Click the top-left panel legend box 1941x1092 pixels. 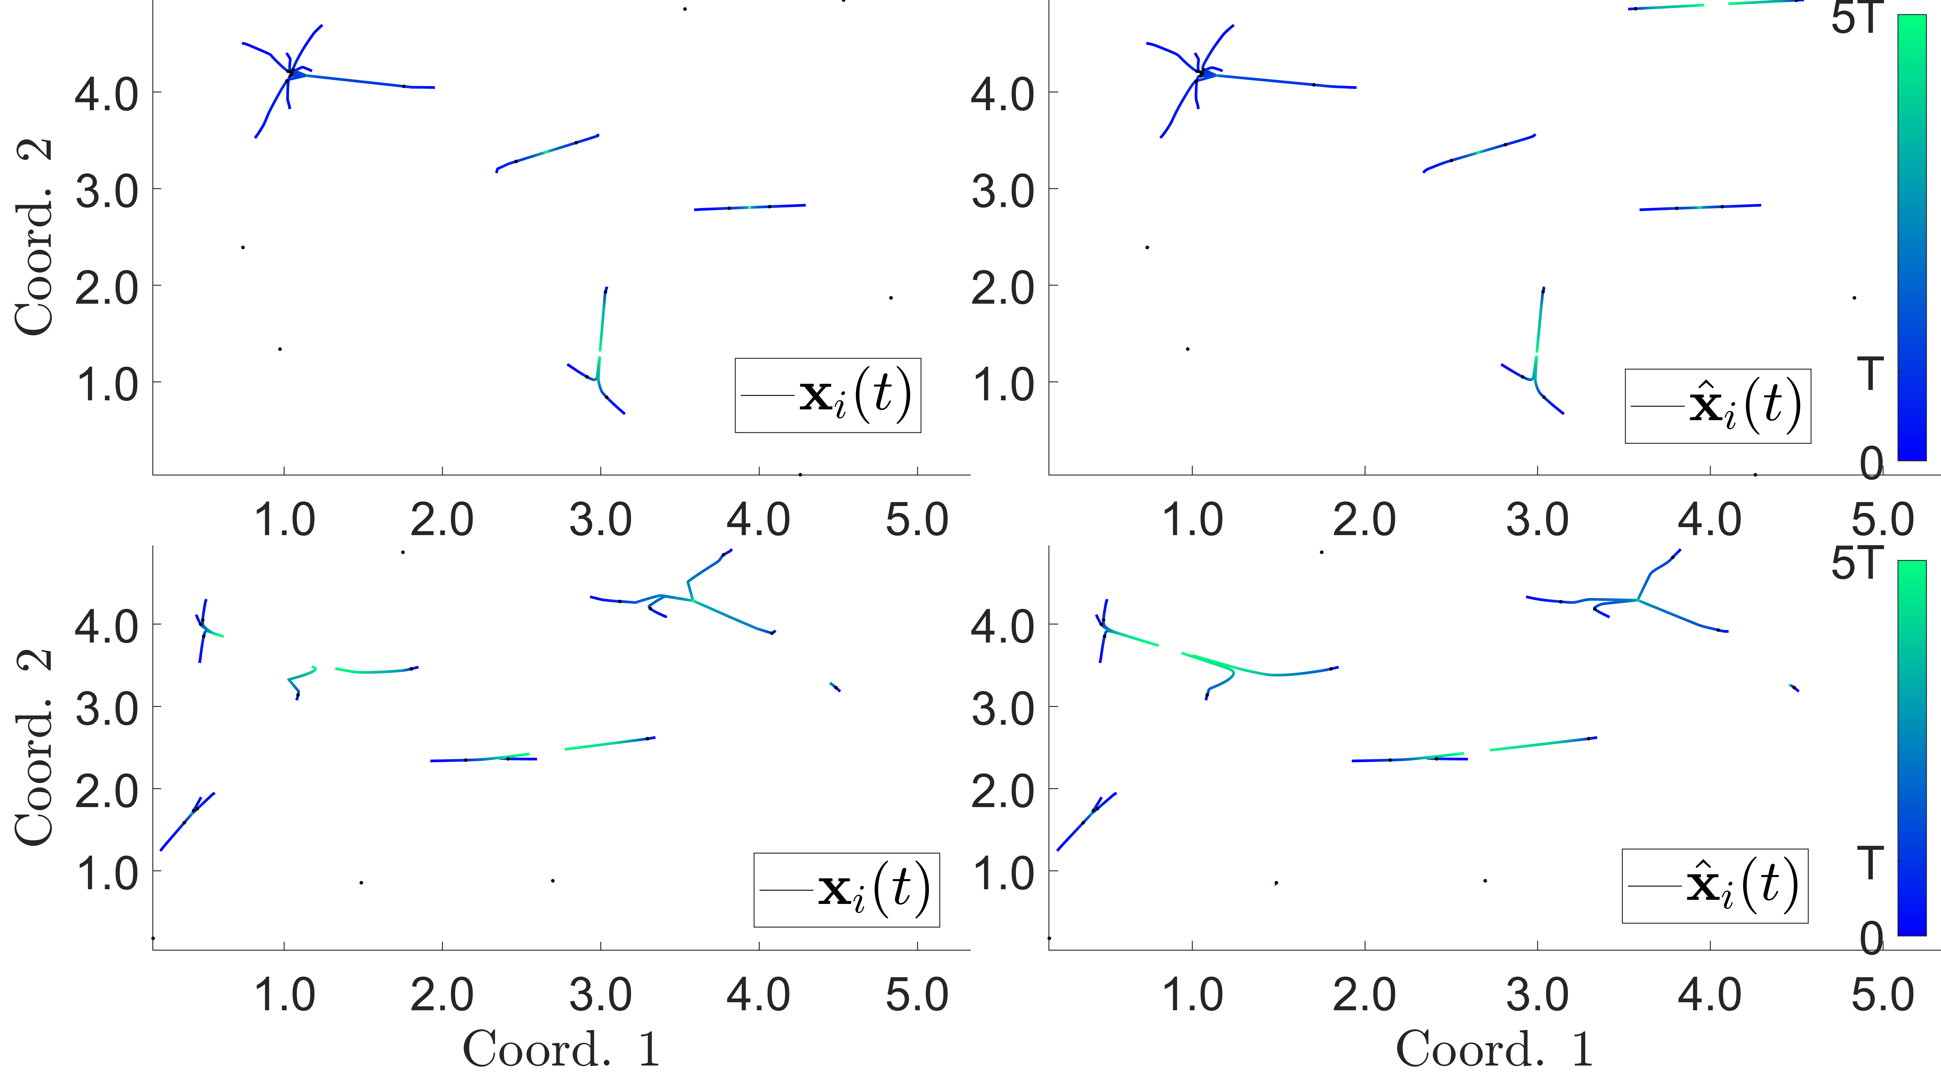point(827,395)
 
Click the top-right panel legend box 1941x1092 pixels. point(1717,405)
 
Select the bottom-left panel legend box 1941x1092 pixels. point(846,889)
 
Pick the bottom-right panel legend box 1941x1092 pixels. point(1714,886)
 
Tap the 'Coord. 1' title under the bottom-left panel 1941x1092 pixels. point(561,1049)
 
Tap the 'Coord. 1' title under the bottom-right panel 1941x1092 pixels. point(1494,1049)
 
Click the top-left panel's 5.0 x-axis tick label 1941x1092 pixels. point(916,520)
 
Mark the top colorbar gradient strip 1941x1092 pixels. point(1912,237)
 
